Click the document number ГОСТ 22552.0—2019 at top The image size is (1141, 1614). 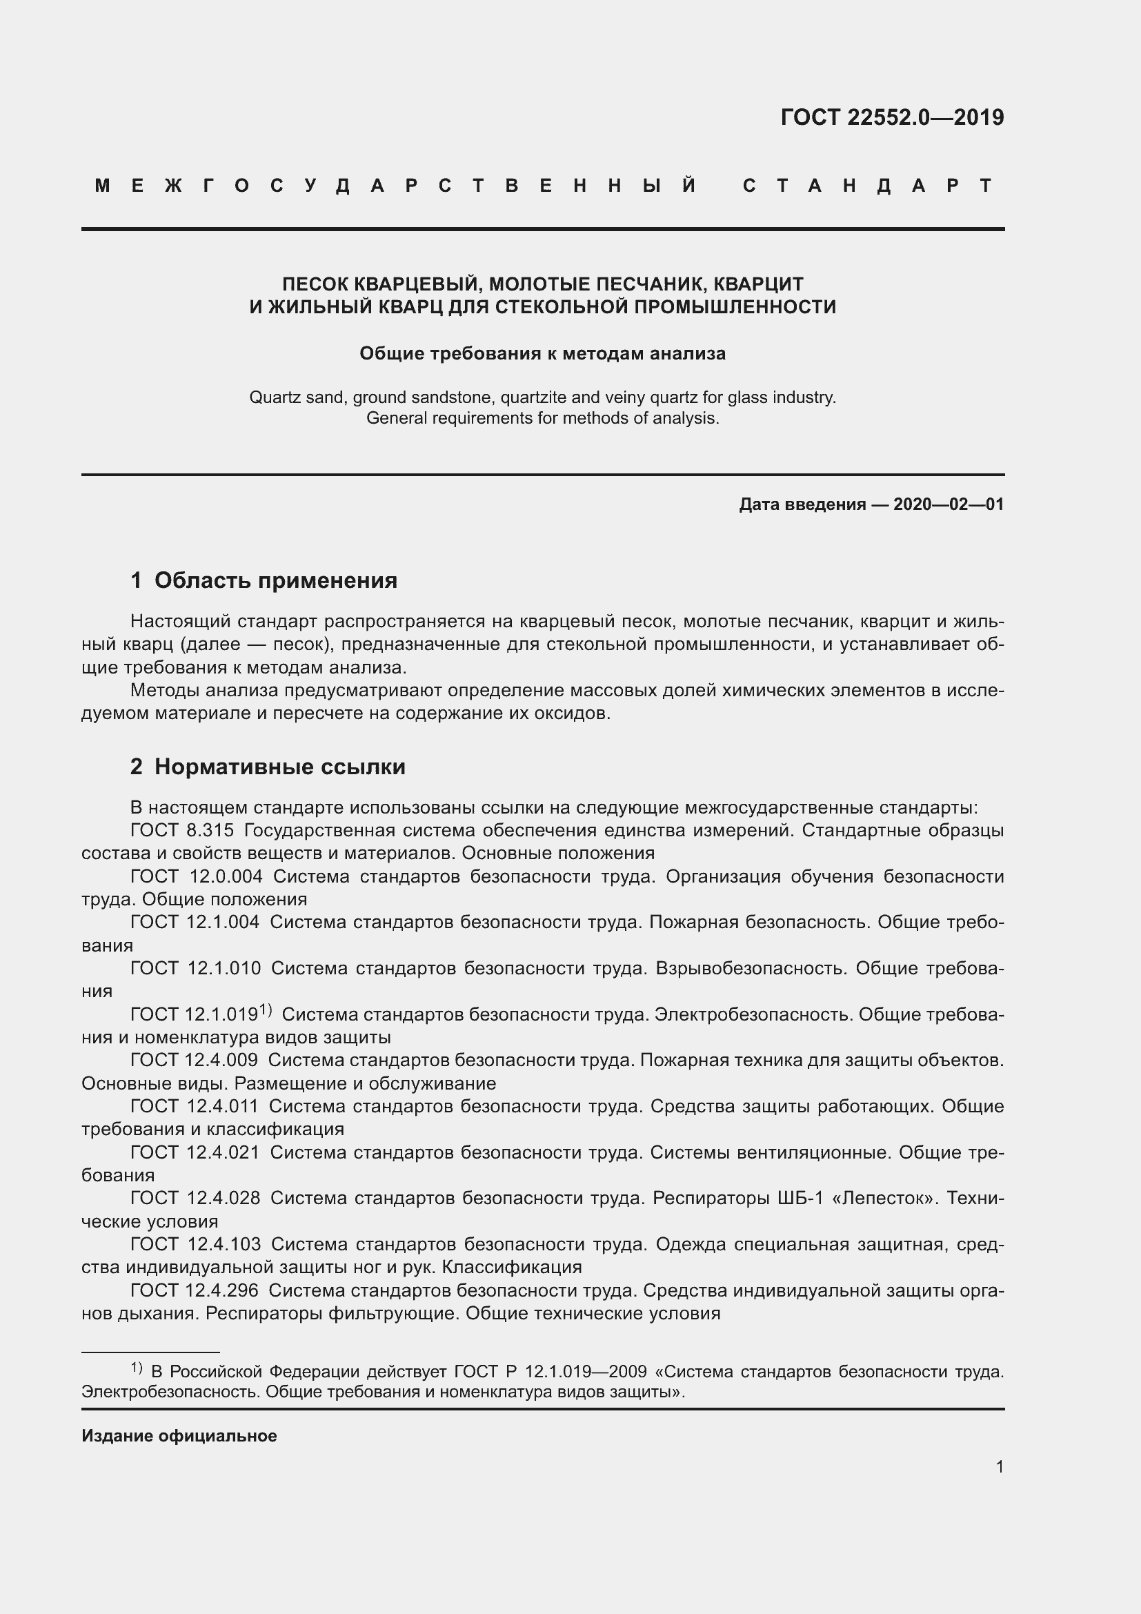point(891,117)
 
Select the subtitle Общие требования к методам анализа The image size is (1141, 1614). point(542,353)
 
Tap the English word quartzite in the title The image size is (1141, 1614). point(533,397)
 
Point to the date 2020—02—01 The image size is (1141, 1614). point(949,504)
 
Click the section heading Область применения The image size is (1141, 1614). point(275,580)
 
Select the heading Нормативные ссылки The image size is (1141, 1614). point(279,766)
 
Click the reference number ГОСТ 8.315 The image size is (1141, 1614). point(182,830)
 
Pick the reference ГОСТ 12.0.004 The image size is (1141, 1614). point(196,876)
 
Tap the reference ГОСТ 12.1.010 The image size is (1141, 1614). point(195,968)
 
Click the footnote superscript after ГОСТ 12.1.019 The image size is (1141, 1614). point(266,1010)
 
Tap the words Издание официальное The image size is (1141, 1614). point(179,1435)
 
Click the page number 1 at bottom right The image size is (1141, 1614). point(999,1466)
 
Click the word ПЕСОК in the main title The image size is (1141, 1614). point(314,284)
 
